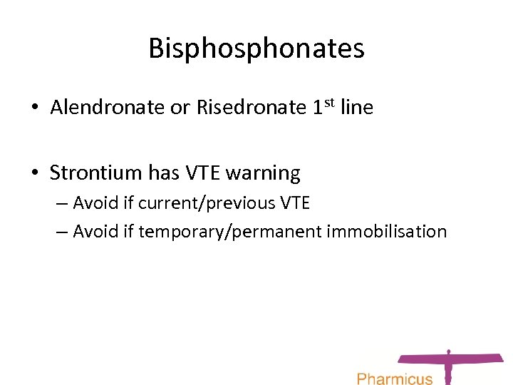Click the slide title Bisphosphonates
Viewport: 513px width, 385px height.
click(x=256, y=48)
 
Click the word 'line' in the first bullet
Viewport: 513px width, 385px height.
click(x=356, y=108)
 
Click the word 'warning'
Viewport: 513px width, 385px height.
click(x=263, y=173)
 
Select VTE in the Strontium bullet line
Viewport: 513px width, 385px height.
click(x=202, y=173)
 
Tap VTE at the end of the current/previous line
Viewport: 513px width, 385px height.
click(x=294, y=203)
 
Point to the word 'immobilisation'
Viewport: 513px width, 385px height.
click(x=387, y=232)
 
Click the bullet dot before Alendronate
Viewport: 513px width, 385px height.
click(x=34, y=108)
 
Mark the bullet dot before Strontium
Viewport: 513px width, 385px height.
click(x=34, y=173)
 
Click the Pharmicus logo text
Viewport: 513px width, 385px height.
click(x=394, y=378)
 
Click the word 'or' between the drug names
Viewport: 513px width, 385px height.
click(x=180, y=108)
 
